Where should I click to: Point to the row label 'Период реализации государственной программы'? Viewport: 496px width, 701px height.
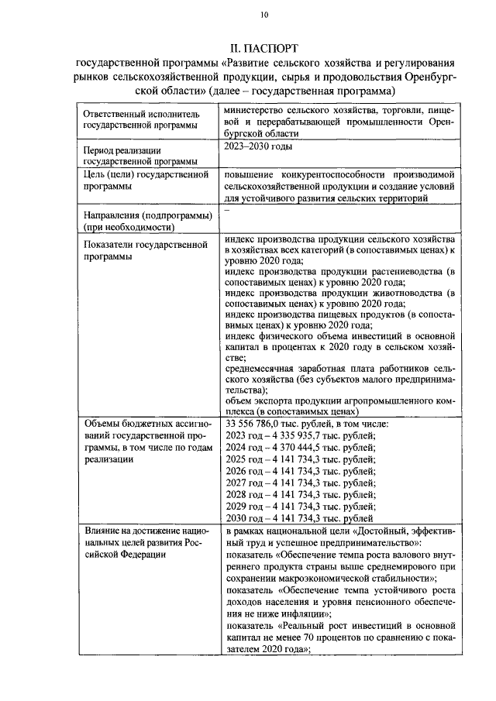(x=139, y=156)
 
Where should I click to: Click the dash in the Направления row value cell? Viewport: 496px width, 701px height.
(x=226, y=210)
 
